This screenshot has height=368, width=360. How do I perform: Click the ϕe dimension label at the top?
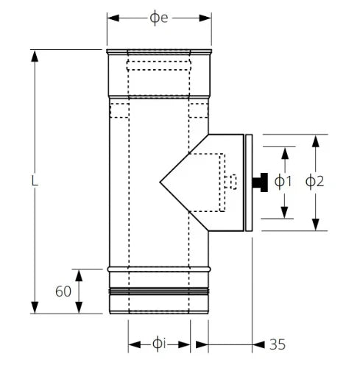click(x=159, y=18)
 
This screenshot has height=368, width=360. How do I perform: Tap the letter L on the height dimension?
click(x=35, y=181)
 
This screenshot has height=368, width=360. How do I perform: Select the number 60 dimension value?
click(x=63, y=291)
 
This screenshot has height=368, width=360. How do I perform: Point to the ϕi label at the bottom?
click(x=159, y=344)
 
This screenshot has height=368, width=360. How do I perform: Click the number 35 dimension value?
click(x=278, y=344)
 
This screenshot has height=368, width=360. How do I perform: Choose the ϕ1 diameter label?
click(x=283, y=182)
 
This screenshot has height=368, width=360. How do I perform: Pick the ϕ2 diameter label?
click(x=314, y=182)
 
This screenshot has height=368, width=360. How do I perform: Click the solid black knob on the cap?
click(x=260, y=183)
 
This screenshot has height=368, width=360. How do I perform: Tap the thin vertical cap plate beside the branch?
click(x=249, y=183)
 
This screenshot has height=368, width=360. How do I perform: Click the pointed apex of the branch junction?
click(x=160, y=182)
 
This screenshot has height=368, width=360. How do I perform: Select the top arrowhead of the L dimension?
click(x=35, y=56)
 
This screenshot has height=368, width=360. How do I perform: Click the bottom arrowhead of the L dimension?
click(x=35, y=308)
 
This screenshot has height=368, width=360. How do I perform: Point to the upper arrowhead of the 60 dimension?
click(x=79, y=275)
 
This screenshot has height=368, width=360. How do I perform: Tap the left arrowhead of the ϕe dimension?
click(x=113, y=18)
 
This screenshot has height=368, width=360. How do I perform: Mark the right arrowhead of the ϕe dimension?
click(x=205, y=18)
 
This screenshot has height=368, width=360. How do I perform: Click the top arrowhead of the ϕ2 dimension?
click(x=316, y=141)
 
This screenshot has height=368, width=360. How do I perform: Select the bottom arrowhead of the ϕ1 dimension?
click(x=285, y=212)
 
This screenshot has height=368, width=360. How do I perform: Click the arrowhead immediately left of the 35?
click(x=258, y=344)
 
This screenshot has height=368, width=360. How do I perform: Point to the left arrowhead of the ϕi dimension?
click(x=135, y=344)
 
